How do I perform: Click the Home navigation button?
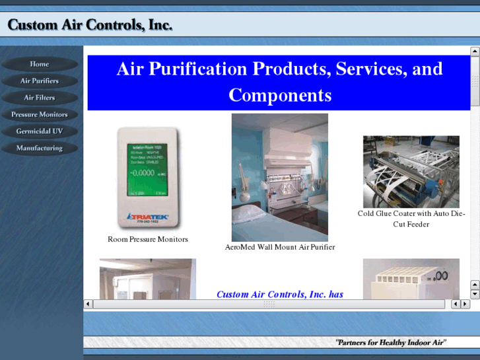40,64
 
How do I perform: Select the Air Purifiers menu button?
40,81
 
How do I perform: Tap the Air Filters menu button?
40,98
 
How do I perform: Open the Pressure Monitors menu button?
40,114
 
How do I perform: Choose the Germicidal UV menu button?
40,131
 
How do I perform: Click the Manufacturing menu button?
40,148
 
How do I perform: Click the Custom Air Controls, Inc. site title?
90,25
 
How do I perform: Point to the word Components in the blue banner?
280,95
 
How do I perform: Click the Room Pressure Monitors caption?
148,239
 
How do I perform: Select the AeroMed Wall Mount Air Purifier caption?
280,247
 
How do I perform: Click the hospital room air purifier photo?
280,177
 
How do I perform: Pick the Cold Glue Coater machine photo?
411,172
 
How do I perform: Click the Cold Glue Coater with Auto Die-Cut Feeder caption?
411,219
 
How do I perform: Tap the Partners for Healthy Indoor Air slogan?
391,342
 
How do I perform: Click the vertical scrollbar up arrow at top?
475,51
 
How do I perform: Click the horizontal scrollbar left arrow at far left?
88,304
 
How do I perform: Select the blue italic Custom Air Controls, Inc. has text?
280,295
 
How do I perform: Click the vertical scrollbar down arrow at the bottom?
475,294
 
